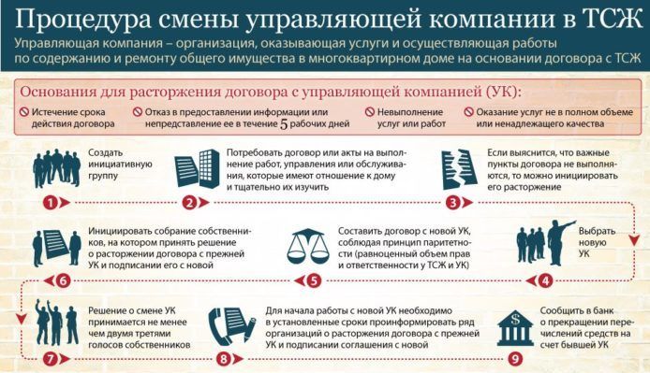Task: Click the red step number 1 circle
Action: (x=51, y=203)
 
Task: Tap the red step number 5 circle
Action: (x=314, y=281)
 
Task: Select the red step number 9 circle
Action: (x=515, y=359)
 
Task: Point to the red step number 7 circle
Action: (x=51, y=359)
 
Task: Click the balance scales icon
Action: (x=307, y=246)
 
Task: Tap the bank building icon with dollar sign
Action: (x=515, y=327)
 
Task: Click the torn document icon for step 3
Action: (x=459, y=169)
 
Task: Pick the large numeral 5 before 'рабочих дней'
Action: (x=284, y=123)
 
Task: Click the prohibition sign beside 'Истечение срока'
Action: (x=24, y=112)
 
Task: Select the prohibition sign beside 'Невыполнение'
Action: (x=370, y=112)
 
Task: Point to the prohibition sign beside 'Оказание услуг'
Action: (x=469, y=112)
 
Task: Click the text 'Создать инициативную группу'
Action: (x=120, y=164)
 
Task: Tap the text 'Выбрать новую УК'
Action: (x=597, y=242)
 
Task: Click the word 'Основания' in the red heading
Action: (x=58, y=92)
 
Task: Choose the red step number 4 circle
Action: (x=545, y=281)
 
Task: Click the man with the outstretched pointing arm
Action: (x=561, y=243)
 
